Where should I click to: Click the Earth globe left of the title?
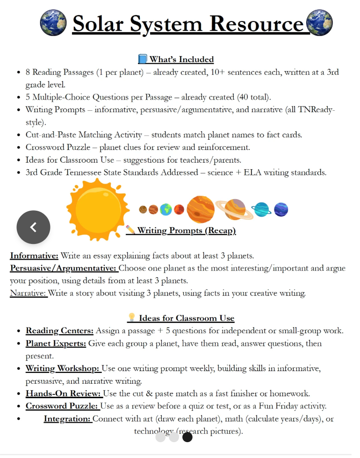[x=53, y=22]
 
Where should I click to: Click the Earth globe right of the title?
[x=319, y=22]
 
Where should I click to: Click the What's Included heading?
[x=181, y=59]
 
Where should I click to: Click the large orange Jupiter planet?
[x=201, y=209]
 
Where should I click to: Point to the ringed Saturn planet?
[x=234, y=208]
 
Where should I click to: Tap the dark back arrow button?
[x=33, y=227]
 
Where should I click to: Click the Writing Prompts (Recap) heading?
[x=186, y=230]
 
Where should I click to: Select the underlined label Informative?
[x=34, y=256]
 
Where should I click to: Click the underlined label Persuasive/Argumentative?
[x=63, y=268]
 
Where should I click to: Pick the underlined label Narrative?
[x=29, y=293]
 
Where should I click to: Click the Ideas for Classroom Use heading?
[x=186, y=318]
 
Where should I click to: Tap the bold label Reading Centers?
[x=59, y=331]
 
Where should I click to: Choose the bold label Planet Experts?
[x=56, y=343]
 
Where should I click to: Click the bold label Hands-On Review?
[x=64, y=394]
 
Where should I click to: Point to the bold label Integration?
[x=67, y=419]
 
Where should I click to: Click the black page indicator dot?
[x=187, y=437]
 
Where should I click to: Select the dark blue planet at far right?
[x=281, y=209]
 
